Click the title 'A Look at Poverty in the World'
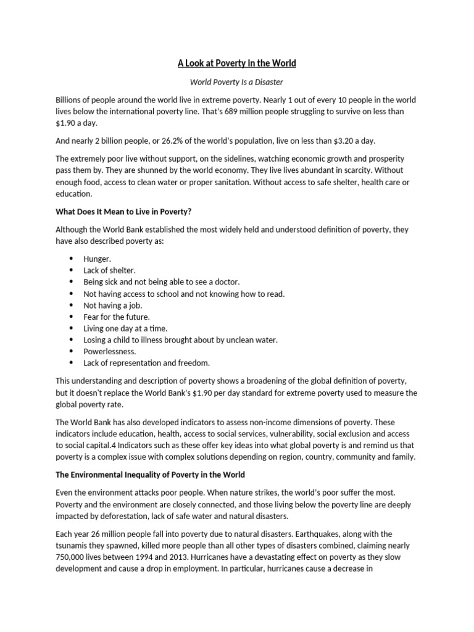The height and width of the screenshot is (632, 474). (237, 63)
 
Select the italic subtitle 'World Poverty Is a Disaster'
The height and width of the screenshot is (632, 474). (237, 81)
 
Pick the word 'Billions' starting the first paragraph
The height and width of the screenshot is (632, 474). (70, 99)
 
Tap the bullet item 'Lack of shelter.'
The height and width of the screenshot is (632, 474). (109, 270)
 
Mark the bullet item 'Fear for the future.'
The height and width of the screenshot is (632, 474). (117, 317)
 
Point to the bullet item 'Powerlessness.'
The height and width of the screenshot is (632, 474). (109, 351)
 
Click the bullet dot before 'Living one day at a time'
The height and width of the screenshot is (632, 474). (71, 328)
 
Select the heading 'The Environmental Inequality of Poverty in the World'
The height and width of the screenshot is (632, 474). (150, 475)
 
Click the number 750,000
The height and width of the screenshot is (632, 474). (73, 557)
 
